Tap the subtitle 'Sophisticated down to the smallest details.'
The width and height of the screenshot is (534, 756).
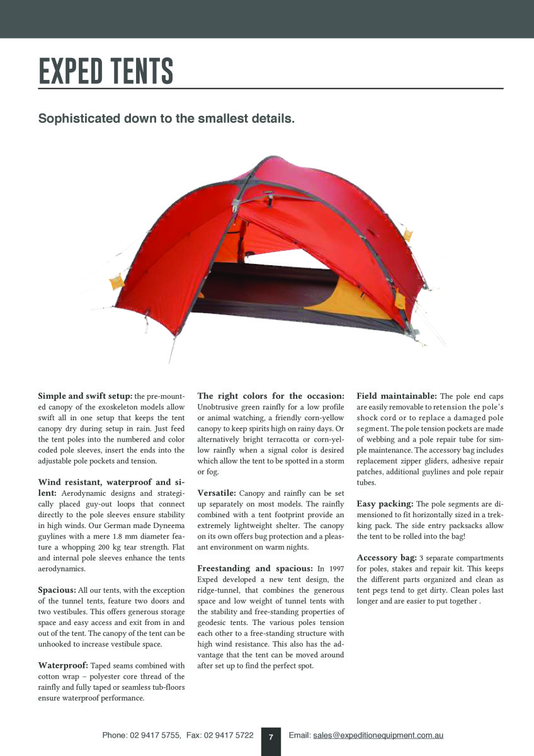(166, 118)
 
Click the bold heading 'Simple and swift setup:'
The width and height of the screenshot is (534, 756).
(85, 396)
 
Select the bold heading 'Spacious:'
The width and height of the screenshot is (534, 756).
(57, 590)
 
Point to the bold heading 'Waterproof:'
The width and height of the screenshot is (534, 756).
(64, 665)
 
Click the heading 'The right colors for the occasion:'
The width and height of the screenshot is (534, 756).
(271, 396)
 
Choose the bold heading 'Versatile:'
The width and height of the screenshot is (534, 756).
(217, 493)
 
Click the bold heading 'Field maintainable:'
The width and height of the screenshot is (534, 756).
(397, 396)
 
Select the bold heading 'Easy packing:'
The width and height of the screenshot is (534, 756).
(385, 504)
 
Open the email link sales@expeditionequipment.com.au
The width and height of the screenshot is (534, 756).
(378, 735)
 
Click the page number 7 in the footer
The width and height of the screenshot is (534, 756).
(271, 736)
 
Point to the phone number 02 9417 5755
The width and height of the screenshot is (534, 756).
(155, 735)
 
